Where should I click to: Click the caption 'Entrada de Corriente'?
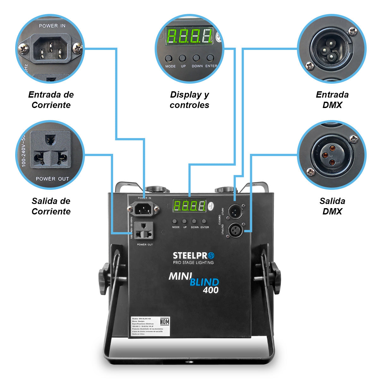pyautogui.click(x=51, y=100)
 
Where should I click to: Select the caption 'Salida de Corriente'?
pyautogui.click(x=51, y=206)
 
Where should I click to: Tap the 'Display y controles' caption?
pyautogui.click(x=189, y=100)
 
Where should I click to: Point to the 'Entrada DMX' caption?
pyautogui.click(x=332, y=100)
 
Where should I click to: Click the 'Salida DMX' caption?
pyautogui.click(x=332, y=206)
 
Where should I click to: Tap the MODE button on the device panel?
pyautogui.click(x=175, y=221)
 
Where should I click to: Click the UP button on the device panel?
pyautogui.click(x=184, y=221)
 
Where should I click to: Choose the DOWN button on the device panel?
pyautogui.click(x=194, y=221)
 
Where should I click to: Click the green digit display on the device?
pyautogui.click(x=189, y=206)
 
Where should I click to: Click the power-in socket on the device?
pyautogui.click(x=143, y=208)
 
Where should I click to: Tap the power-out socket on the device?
pyautogui.click(x=144, y=231)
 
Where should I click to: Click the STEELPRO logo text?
pyautogui.click(x=193, y=255)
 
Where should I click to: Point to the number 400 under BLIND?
pyautogui.click(x=211, y=290)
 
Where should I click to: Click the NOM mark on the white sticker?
pyautogui.click(x=165, y=322)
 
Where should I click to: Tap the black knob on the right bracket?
pyautogui.click(x=275, y=277)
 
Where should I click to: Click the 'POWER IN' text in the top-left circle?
pyautogui.click(x=52, y=26)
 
